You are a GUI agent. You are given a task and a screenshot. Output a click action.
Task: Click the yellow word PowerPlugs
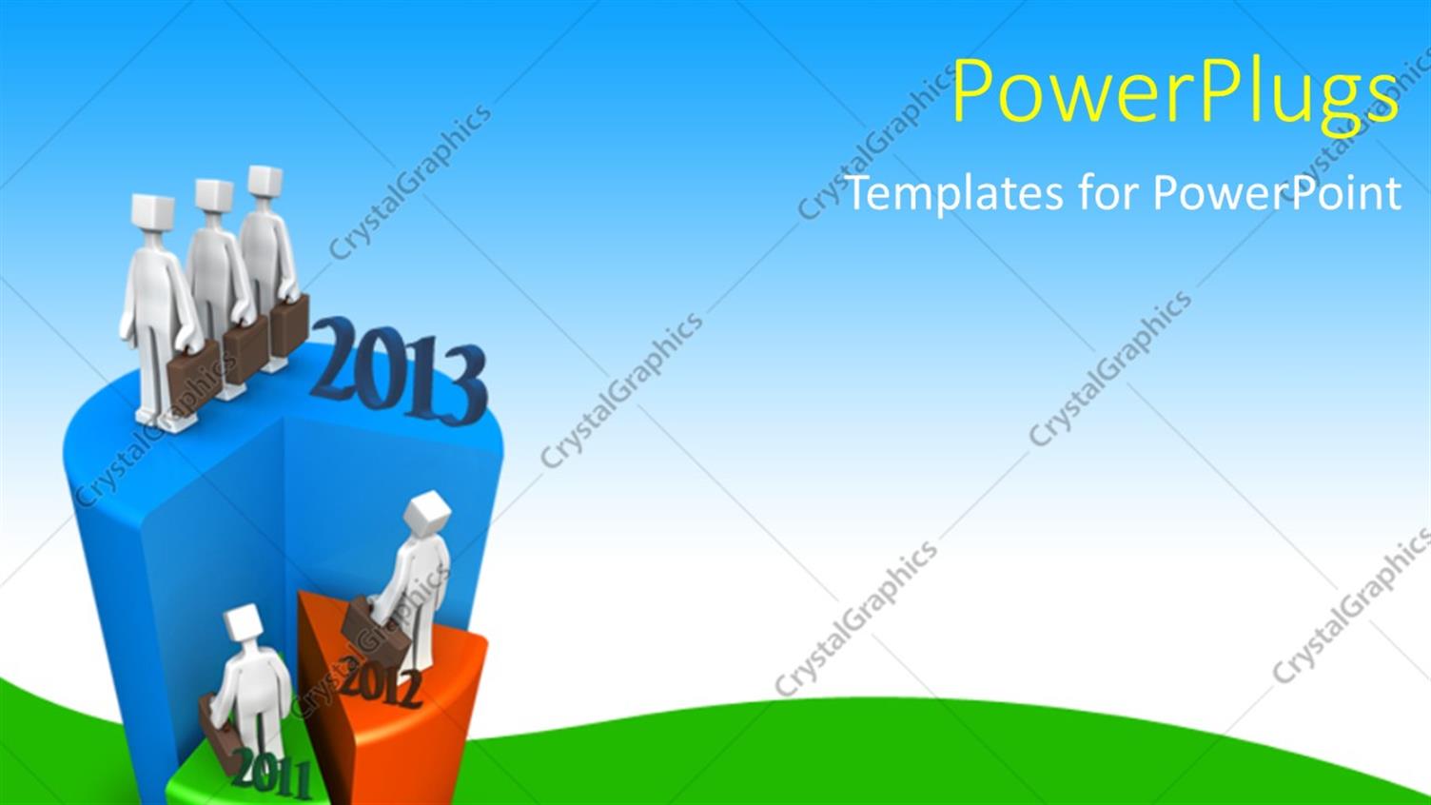click(x=1175, y=93)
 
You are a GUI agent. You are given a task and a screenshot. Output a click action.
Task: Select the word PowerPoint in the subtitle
click(x=1277, y=193)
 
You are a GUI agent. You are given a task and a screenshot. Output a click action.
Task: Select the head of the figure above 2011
click(x=243, y=623)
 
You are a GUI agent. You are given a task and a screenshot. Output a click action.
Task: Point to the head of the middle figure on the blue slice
click(x=213, y=196)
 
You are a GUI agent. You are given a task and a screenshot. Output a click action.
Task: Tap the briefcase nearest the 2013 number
click(x=289, y=326)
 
